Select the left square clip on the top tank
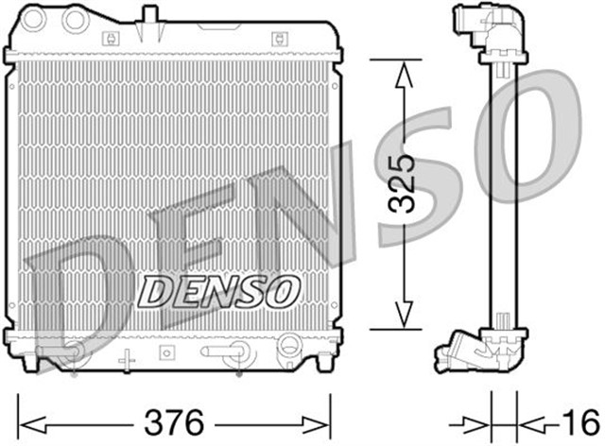pyautogui.click(x=112, y=39)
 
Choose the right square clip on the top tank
pyautogui.click(x=279, y=39)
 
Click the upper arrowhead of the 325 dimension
pyautogui.click(x=404, y=71)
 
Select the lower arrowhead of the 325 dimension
pyautogui.click(x=404, y=317)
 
